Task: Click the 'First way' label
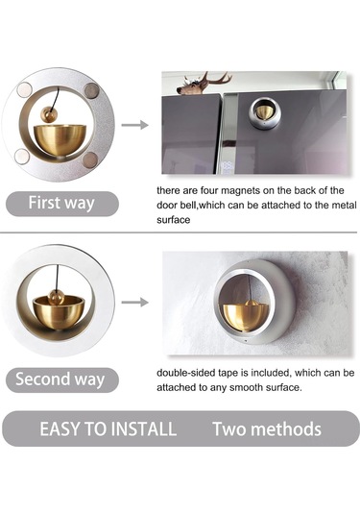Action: pos(61,203)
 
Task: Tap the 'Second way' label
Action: pos(60,379)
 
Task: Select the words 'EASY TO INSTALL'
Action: pos(108,428)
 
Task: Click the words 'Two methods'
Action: pos(267,428)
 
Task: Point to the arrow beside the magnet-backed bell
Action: pos(135,125)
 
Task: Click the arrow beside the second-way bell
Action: pos(135,302)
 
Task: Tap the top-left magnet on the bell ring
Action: pos(25,89)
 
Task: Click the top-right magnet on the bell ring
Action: pos(91,91)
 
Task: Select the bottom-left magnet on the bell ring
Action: pos(22,156)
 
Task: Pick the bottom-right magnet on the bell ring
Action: pos(90,159)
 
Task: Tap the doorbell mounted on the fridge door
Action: pos(265,113)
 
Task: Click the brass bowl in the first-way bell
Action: pos(60,140)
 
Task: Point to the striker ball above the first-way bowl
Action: pos(49,114)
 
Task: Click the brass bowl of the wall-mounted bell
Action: pos(246,317)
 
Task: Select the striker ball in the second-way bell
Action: pos(57,297)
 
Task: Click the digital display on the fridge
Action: pos(228,167)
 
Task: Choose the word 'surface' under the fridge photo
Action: pos(174,220)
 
